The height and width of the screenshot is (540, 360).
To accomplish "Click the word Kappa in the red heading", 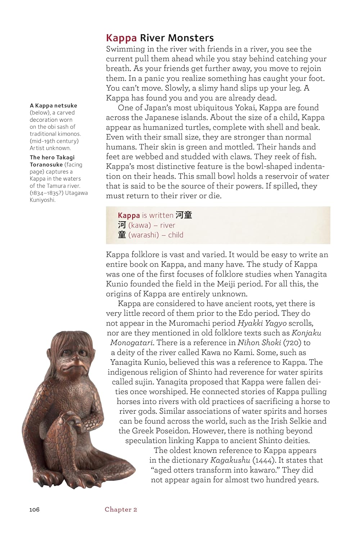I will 121,38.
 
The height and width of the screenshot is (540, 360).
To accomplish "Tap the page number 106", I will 35,509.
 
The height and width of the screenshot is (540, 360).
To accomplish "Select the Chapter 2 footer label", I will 121,509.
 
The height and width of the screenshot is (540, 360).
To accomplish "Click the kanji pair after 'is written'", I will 184,215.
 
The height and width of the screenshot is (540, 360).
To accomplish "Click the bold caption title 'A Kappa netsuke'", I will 53,105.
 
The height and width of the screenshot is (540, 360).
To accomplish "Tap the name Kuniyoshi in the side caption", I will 42,200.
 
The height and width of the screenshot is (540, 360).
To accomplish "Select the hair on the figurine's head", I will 72,340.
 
